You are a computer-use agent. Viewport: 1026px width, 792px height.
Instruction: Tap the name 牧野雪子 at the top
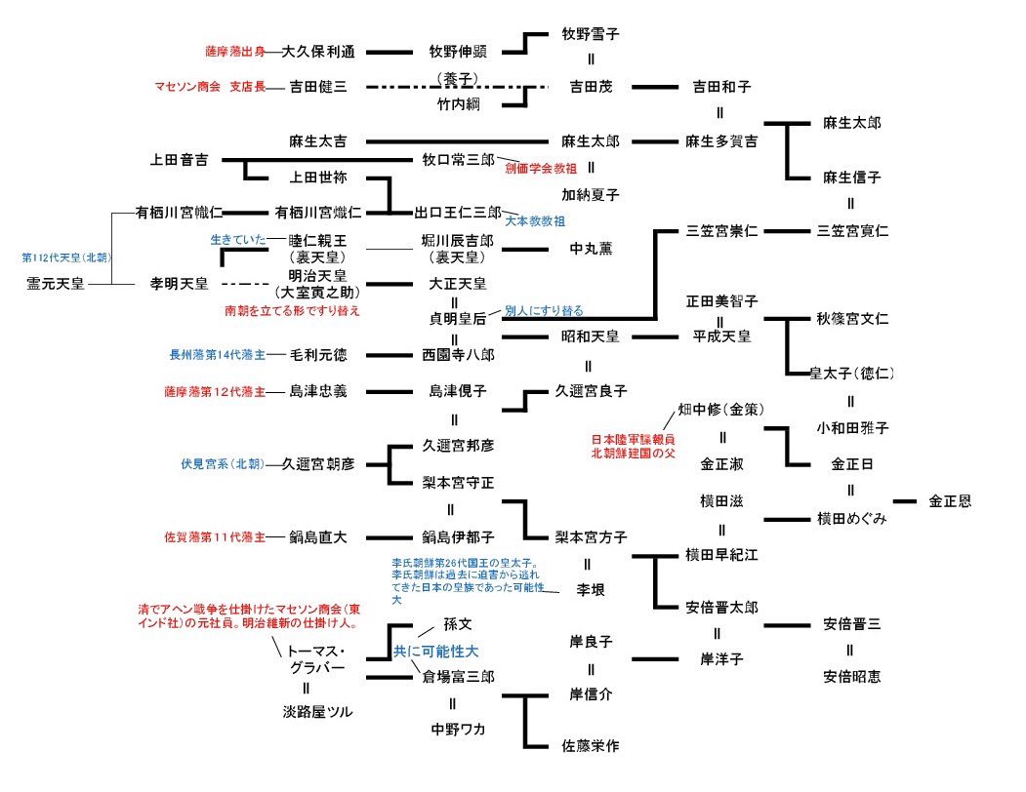pyautogui.click(x=591, y=33)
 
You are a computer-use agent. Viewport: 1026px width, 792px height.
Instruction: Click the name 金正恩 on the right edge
pyautogui.click(x=949, y=501)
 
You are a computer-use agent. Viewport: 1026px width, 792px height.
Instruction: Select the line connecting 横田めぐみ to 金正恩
pyautogui.click(x=904, y=501)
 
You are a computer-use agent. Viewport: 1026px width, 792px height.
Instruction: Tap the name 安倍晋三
pyautogui.click(x=851, y=625)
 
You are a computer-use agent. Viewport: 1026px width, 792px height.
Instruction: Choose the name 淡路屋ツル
pyautogui.click(x=317, y=713)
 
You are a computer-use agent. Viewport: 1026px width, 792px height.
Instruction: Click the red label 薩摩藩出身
pyautogui.click(x=234, y=52)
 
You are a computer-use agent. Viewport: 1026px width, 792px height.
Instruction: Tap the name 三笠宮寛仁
pyautogui.click(x=853, y=231)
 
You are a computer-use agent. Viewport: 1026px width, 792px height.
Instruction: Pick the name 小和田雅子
pyautogui.click(x=852, y=427)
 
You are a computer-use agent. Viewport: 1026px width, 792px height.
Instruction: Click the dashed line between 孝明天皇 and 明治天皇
pyautogui.click(x=245, y=284)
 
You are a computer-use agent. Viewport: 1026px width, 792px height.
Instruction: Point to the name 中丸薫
pyautogui.click(x=592, y=249)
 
